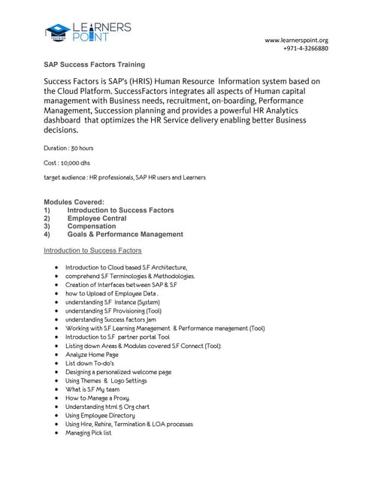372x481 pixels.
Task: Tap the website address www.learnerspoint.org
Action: (296, 40)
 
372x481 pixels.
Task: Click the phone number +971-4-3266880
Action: (306, 49)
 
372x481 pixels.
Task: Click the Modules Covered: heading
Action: (74, 202)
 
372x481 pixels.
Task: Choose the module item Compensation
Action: (92, 226)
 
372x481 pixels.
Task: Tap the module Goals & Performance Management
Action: (125, 234)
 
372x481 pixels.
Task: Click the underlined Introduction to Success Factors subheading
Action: (92, 250)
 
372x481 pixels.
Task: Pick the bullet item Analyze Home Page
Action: (92, 354)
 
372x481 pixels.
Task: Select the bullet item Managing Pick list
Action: (89, 433)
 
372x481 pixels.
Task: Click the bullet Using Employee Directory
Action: (100, 415)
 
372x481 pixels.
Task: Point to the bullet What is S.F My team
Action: (92, 389)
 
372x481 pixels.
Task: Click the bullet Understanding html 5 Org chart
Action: (107, 407)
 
